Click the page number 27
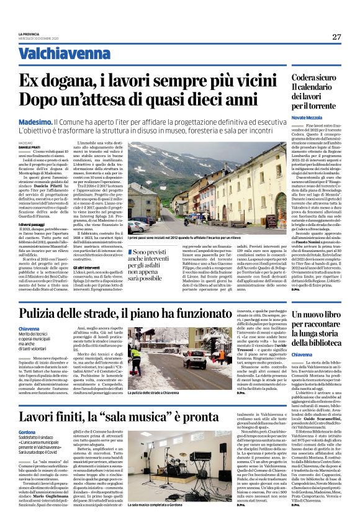336,37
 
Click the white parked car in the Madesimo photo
135,226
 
